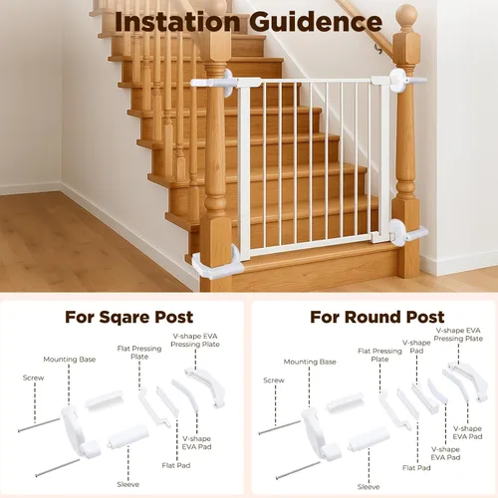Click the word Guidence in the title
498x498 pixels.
(316, 22)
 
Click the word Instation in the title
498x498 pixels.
(177, 22)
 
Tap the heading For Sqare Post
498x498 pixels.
(128, 317)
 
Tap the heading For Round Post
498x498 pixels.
(377, 317)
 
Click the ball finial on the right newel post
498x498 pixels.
(406, 16)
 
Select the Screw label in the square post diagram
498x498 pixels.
(33, 377)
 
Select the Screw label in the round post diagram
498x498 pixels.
(274, 380)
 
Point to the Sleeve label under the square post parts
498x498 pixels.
(128, 484)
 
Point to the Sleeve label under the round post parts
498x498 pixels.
(369, 487)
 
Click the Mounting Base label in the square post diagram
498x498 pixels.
(70, 360)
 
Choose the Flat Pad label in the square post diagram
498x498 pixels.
(176, 465)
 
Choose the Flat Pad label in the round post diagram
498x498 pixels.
(416, 468)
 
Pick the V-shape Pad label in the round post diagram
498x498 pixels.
(416, 347)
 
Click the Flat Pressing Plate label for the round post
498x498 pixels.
(379, 355)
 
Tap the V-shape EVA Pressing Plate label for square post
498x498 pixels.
(195, 340)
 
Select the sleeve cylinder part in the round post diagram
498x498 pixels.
(369, 439)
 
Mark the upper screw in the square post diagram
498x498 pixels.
(39, 425)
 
